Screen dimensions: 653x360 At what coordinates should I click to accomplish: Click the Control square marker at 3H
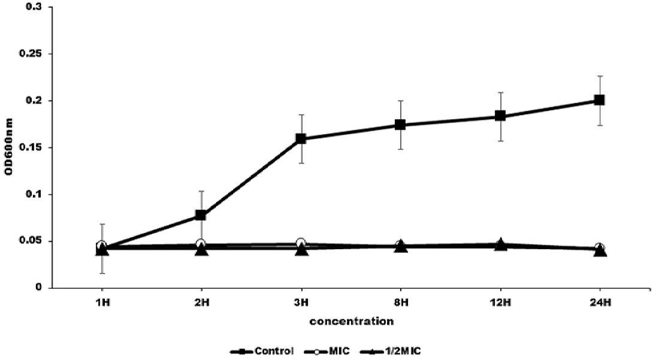[301, 138]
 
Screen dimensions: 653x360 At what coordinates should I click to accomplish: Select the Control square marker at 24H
[600, 100]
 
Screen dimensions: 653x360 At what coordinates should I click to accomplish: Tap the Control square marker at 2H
[201, 215]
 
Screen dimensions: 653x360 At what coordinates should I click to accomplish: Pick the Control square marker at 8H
[400, 125]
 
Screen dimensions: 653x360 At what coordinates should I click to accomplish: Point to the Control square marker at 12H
[500, 116]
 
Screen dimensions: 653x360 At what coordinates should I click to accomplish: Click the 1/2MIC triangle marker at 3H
[301, 250]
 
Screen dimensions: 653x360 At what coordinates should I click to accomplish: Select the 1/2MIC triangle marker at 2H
[201, 250]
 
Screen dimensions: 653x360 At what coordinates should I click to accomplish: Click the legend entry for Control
[262, 351]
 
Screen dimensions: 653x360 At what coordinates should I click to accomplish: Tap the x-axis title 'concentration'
[351, 321]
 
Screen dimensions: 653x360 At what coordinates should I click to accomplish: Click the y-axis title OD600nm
[9, 147]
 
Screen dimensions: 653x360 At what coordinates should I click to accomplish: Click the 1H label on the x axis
[102, 302]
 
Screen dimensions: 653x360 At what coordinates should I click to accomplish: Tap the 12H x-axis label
[500, 302]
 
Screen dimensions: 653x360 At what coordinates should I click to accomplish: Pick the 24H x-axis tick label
[600, 302]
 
